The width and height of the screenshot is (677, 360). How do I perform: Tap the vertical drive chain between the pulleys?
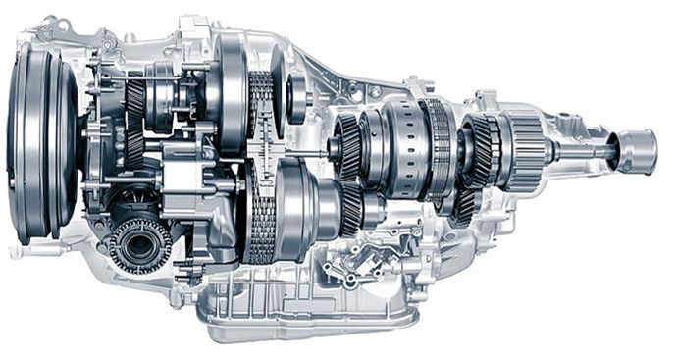coord(261,167)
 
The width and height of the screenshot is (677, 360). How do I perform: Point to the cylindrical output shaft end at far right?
coord(638,152)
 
